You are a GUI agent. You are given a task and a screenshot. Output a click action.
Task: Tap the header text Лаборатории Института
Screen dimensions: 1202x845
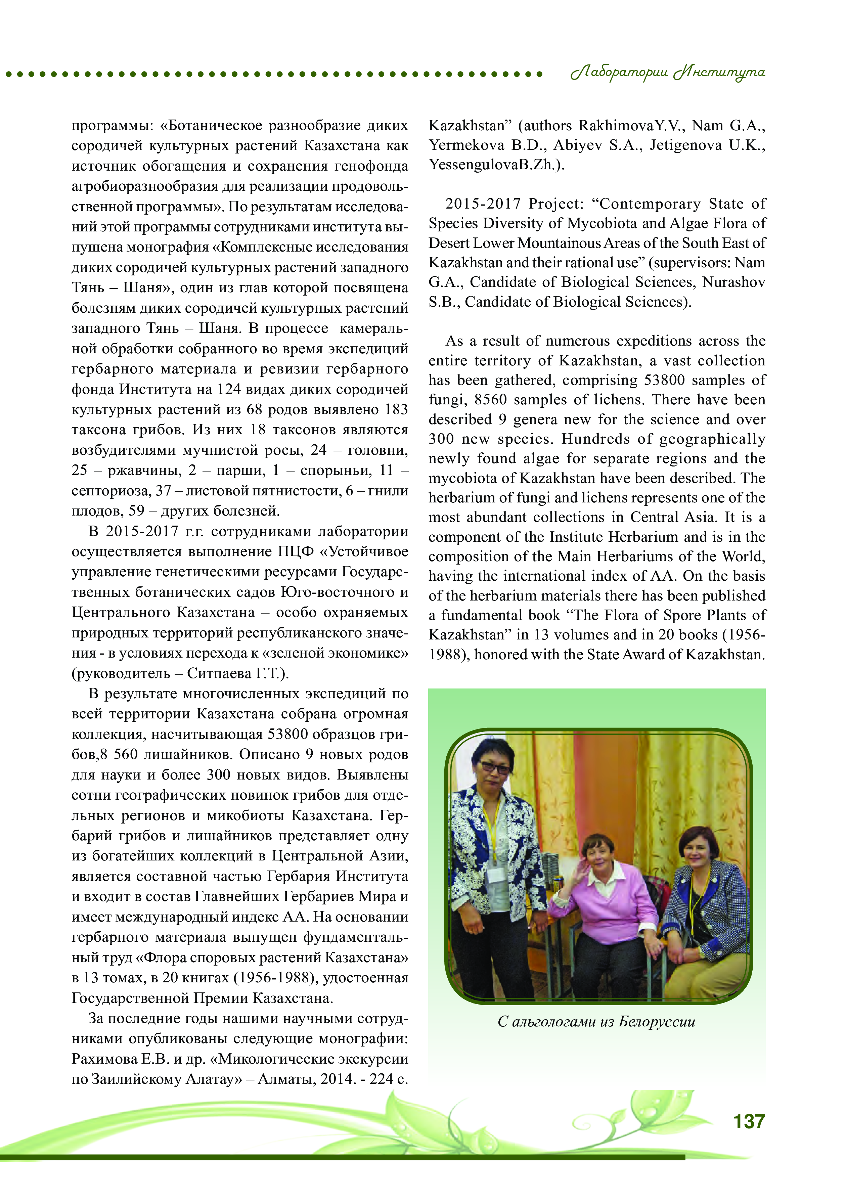coord(668,72)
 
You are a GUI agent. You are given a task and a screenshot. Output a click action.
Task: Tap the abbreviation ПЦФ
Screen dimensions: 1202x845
coord(296,552)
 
